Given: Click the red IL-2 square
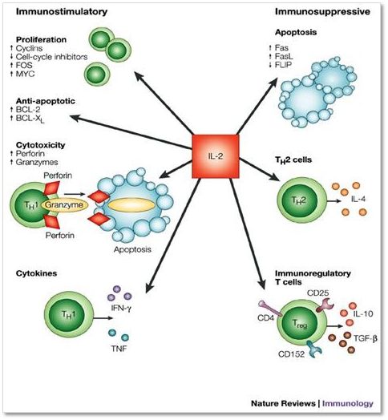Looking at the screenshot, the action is click(x=216, y=156).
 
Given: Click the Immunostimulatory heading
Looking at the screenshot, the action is click(x=62, y=12).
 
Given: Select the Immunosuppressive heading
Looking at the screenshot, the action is click(x=322, y=12).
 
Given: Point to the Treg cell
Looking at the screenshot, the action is click(x=301, y=325).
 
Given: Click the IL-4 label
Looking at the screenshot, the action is click(x=358, y=199).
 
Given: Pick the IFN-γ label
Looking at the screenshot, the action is click(x=121, y=309).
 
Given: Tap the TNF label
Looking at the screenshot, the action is click(x=119, y=349).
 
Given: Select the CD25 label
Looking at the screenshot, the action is click(x=317, y=293).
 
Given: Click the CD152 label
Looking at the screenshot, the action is click(x=292, y=354).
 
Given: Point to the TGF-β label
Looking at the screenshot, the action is click(x=366, y=338).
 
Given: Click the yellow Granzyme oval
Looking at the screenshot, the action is click(x=64, y=205).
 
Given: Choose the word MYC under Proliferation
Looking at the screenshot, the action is click(x=25, y=74).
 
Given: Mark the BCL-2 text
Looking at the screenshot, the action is click(x=28, y=109).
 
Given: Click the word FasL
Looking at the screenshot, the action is click(x=284, y=56).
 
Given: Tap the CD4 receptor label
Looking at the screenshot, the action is click(x=265, y=318).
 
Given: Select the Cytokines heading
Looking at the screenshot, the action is click(x=36, y=273).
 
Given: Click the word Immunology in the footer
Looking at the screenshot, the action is click(x=348, y=403).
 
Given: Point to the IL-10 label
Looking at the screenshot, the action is click(x=363, y=313).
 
